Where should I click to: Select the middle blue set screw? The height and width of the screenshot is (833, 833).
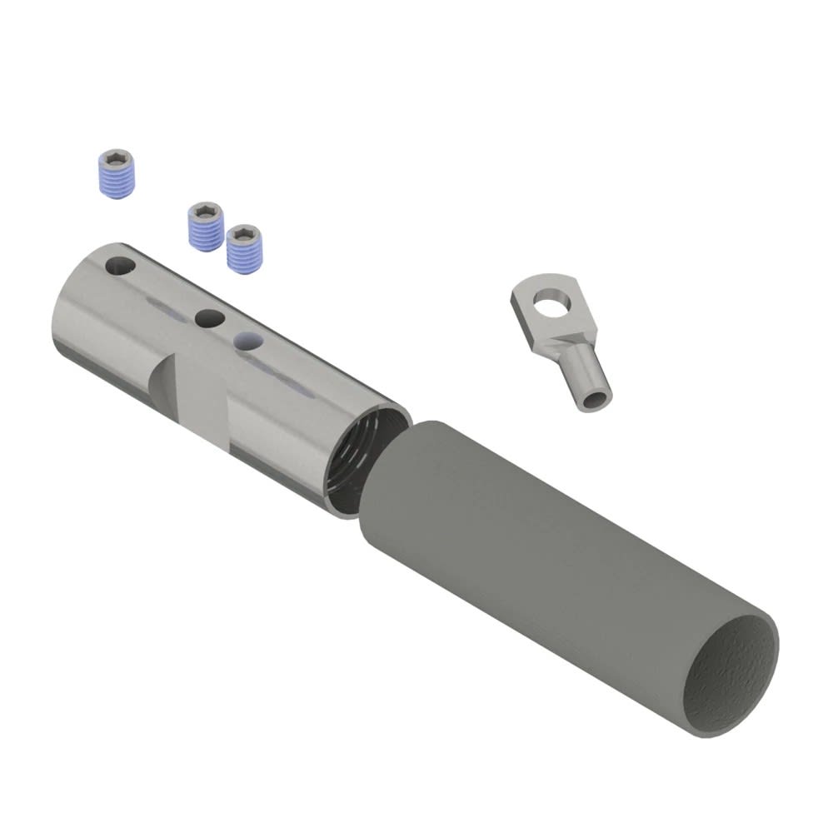point(205,226)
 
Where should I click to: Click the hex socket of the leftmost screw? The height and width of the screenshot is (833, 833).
point(112,160)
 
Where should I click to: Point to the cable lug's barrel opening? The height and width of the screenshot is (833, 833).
point(594,400)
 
